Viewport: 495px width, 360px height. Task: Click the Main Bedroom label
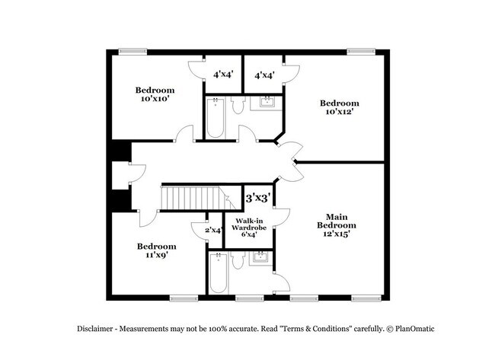tap(337, 221)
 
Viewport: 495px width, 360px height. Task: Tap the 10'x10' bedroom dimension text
tap(155, 99)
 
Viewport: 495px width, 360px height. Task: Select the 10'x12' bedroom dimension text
tap(340, 112)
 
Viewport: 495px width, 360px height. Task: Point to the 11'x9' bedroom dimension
tap(156, 255)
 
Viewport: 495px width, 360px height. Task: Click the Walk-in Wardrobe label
tap(249, 224)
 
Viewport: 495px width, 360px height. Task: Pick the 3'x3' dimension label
tap(259, 198)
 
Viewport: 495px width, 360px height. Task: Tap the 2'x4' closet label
tap(214, 231)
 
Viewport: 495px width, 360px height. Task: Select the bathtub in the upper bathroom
tap(216, 118)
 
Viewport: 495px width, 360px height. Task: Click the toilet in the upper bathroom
tap(238, 104)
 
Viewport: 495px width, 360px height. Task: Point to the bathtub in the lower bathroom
tap(219, 273)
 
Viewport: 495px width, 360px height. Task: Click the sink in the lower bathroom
tap(260, 257)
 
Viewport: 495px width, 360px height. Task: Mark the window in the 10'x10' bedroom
tap(133, 52)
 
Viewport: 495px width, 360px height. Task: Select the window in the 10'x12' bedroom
tap(361, 52)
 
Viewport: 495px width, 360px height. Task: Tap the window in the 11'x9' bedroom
tap(184, 298)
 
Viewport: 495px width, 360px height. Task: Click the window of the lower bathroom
tap(250, 298)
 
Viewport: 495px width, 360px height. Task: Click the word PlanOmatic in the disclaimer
tap(415, 329)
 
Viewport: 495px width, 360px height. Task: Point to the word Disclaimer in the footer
tap(94, 329)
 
